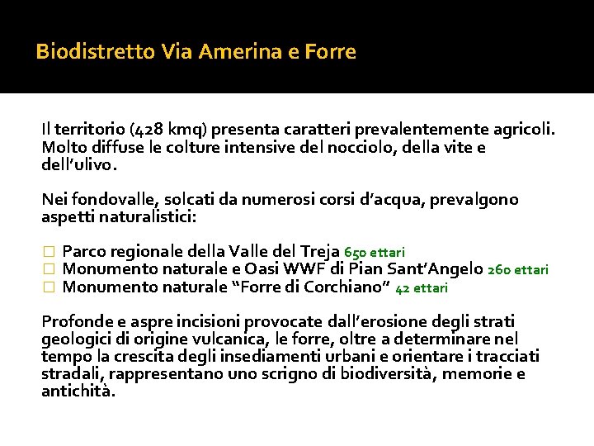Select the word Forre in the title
pyautogui.click(x=330, y=52)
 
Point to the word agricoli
pyautogui.click(x=526, y=130)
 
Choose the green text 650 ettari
pyautogui.click(x=375, y=252)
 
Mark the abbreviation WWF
pyautogui.click(x=305, y=268)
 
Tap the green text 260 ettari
pyautogui.click(x=518, y=269)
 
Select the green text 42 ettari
pyautogui.click(x=422, y=288)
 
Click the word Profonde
pyautogui.click(x=75, y=321)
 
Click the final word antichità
pyautogui.click(x=78, y=391)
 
